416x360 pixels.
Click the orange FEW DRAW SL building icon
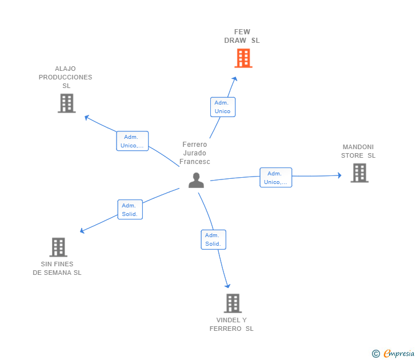click(x=243, y=58)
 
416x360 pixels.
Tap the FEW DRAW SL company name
click(x=242, y=36)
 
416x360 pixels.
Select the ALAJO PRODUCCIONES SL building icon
click(x=66, y=103)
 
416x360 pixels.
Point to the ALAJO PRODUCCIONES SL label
click(x=66, y=77)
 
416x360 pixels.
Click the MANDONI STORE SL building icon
click(x=359, y=173)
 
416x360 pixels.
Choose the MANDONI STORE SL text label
click(x=358, y=151)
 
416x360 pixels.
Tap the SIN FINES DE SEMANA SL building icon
click(x=58, y=247)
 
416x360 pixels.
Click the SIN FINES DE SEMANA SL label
click(x=57, y=268)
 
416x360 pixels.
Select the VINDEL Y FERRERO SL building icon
click(x=232, y=303)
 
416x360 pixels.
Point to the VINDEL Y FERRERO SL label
click(x=231, y=324)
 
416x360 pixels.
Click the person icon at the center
click(x=196, y=180)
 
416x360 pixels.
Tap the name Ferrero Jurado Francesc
click(x=195, y=153)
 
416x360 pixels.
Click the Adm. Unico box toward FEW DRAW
click(x=222, y=107)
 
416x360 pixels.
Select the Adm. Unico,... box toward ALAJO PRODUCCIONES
click(x=132, y=141)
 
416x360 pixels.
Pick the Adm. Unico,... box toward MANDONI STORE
click(x=275, y=178)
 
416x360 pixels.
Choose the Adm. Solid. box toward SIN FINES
click(x=130, y=210)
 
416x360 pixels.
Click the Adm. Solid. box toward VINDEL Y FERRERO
click(x=213, y=239)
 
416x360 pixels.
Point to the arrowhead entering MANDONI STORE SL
click(x=339, y=175)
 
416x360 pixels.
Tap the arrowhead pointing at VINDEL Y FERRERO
click(x=227, y=285)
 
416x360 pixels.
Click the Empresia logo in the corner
click(x=393, y=354)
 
